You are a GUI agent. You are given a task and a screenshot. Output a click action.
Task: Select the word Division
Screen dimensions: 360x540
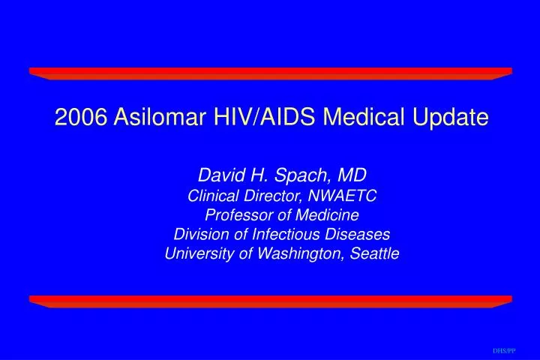click(x=198, y=235)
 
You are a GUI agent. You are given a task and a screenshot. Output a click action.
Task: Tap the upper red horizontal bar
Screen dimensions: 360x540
click(x=270, y=73)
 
